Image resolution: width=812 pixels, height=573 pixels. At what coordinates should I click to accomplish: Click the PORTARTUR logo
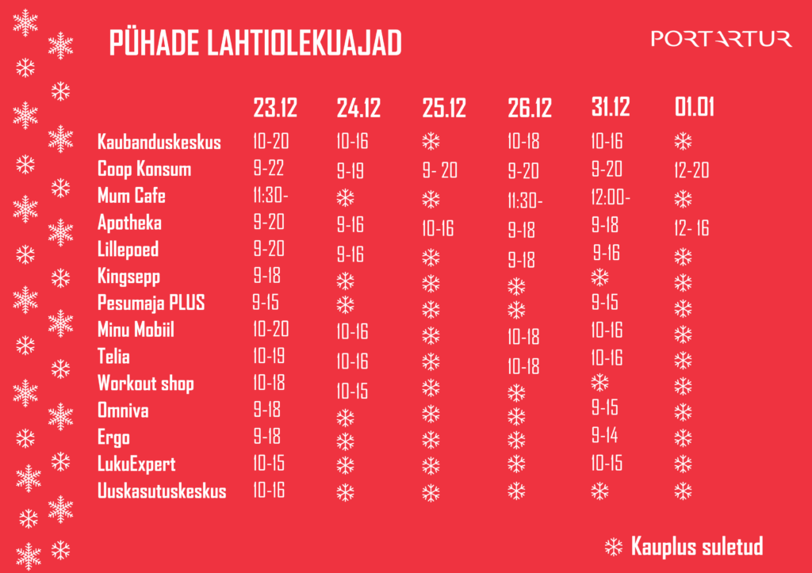[721, 38]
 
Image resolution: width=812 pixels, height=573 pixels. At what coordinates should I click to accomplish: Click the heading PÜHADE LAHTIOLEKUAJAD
[255, 44]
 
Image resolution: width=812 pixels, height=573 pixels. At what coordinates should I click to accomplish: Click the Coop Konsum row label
[144, 169]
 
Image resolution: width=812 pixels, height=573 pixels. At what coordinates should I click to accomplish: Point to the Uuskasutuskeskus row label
[162, 491]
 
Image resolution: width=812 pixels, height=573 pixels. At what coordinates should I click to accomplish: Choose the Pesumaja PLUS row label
[151, 303]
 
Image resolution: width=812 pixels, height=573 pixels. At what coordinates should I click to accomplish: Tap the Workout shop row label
[145, 384]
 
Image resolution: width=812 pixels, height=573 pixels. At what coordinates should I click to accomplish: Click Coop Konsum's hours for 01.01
[691, 170]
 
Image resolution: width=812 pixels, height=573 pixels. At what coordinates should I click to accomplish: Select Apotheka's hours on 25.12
[438, 229]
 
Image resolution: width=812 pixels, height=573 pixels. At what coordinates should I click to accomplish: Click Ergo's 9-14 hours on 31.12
[604, 436]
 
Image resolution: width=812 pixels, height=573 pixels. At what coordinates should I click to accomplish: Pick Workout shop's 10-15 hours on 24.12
[352, 391]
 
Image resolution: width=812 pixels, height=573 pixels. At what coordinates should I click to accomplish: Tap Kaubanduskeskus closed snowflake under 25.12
[431, 142]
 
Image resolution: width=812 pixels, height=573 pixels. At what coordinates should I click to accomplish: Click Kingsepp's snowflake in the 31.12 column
[600, 277]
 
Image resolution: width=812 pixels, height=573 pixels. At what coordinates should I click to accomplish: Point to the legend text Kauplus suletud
[697, 547]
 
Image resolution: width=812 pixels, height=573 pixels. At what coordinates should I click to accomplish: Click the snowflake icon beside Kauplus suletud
[614, 546]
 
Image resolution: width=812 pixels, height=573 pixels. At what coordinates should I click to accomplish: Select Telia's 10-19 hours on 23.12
[269, 356]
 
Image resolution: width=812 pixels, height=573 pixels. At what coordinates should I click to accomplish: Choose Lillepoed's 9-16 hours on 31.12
[606, 254]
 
